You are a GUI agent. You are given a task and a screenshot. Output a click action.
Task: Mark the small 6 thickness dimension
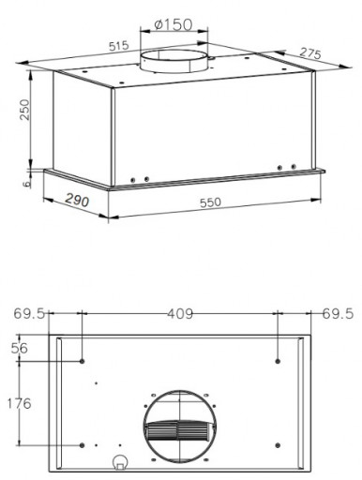26,185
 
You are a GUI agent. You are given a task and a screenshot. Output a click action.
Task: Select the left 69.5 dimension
30,313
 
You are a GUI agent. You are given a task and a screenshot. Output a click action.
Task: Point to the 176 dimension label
20,403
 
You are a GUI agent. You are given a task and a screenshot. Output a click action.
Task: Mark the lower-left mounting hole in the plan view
83,443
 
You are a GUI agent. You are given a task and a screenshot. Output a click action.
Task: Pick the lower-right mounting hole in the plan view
279,443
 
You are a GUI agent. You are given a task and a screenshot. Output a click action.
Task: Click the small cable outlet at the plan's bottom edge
120,462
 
